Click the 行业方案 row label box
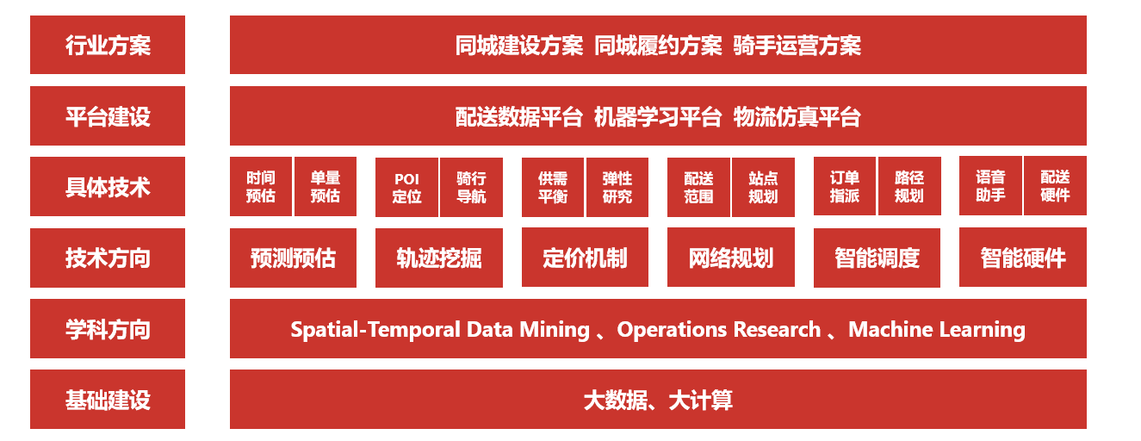pyautogui.click(x=108, y=45)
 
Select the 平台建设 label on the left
pyautogui.click(x=108, y=116)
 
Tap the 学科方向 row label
pyautogui.click(x=108, y=329)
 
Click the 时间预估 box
pyautogui.click(x=261, y=187)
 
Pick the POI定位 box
pyautogui.click(x=406, y=188)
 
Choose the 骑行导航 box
pyautogui.click(x=471, y=188)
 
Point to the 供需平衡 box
pyautogui.click(x=553, y=188)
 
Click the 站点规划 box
pyautogui.click(x=763, y=188)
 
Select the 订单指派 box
pyautogui.click(x=845, y=186)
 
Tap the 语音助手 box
pyautogui.click(x=990, y=186)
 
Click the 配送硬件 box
pyautogui.click(x=1055, y=186)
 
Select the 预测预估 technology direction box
pyautogui.click(x=293, y=258)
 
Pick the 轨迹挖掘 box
pyautogui.click(x=439, y=258)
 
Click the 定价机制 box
pyautogui.click(x=585, y=258)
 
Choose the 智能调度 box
pyautogui.click(x=877, y=258)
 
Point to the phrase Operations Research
pyautogui.click(x=719, y=330)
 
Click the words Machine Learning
pyautogui.click(x=937, y=330)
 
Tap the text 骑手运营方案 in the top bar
pyautogui.click(x=797, y=46)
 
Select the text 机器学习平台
pyautogui.click(x=658, y=116)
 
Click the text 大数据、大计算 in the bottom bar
pyautogui.click(x=658, y=400)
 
